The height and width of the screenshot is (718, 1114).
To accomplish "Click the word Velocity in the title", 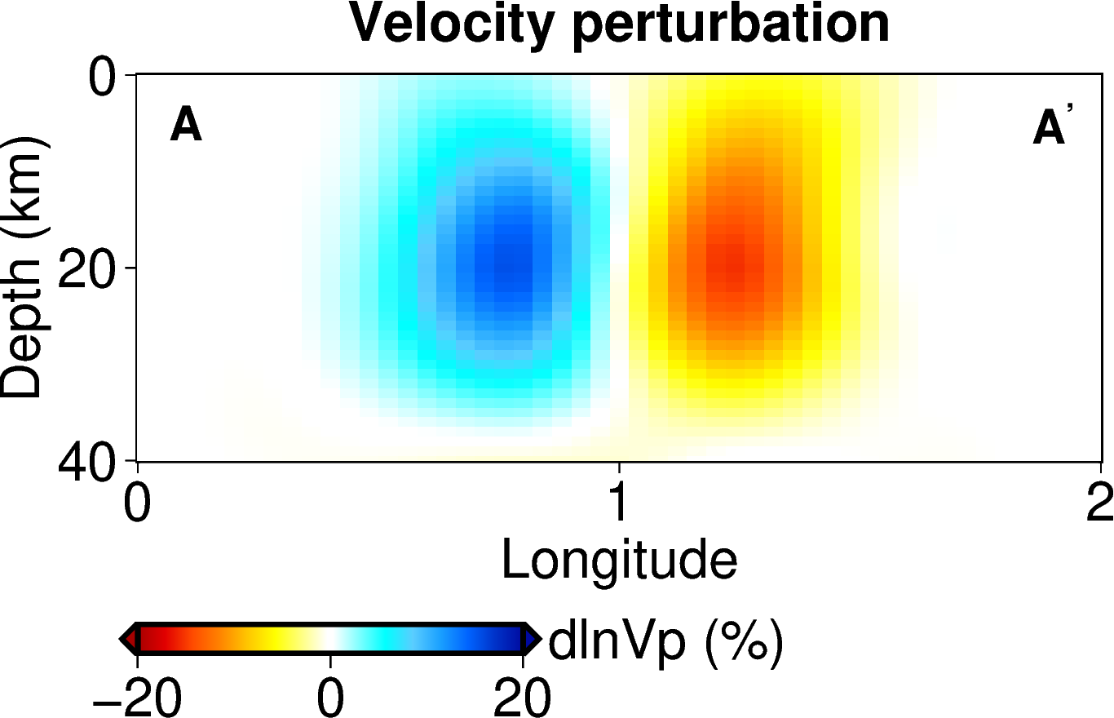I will (453, 24).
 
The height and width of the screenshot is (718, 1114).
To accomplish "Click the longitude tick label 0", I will (137, 504).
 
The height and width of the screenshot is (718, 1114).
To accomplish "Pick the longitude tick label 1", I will (620, 504).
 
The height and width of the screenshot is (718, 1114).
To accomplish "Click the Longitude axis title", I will (620, 561).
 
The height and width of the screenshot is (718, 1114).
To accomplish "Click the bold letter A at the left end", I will (186, 127).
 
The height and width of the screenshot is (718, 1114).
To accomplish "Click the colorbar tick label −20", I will (135, 698).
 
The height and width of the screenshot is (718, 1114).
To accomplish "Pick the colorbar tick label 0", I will (330, 698).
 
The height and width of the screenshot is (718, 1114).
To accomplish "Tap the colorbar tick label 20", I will (522, 698).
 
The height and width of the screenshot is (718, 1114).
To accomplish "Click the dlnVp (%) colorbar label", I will (665, 641).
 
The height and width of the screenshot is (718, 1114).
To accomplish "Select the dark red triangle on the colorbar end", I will (129, 638).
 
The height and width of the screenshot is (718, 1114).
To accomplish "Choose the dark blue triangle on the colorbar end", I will (532, 638).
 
